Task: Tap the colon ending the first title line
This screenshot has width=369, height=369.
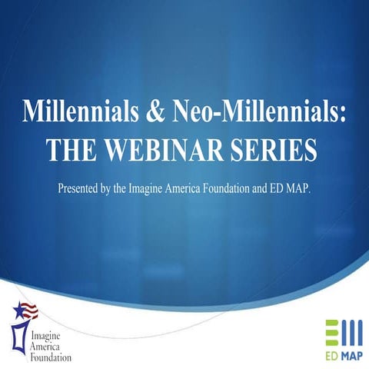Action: tap(344, 114)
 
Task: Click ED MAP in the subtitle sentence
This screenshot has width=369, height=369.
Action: tap(294, 188)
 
